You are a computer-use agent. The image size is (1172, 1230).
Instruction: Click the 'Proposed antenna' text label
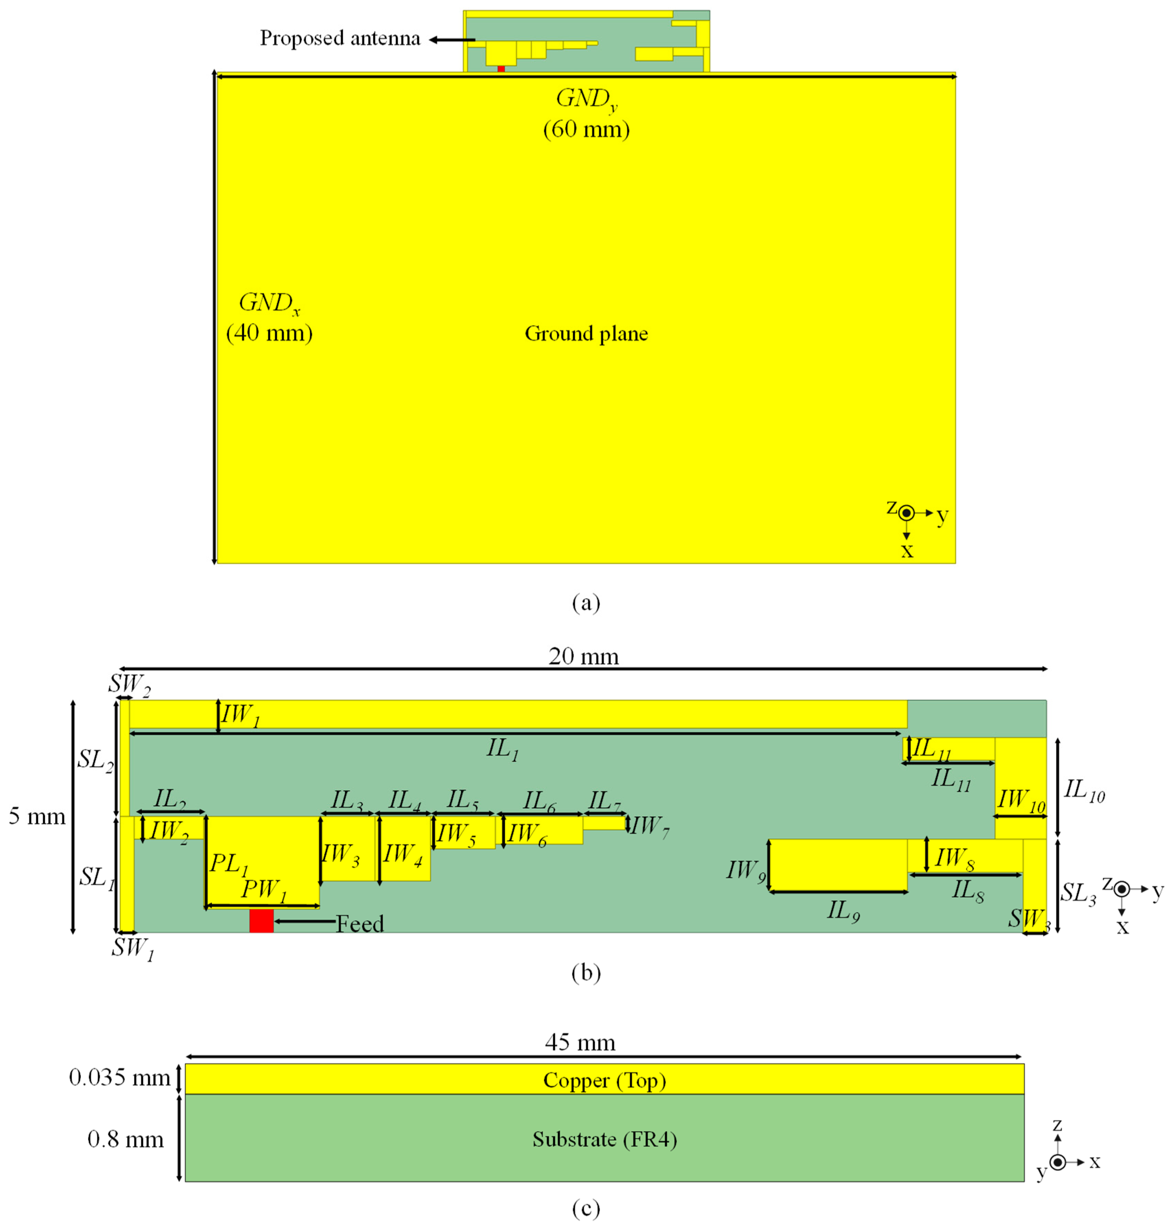click(340, 39)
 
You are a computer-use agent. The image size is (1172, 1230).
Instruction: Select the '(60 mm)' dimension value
click(586, 129)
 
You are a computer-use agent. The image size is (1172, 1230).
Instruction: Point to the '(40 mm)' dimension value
click(269, 333)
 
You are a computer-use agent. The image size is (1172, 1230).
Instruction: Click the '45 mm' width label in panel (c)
click(580, 1042)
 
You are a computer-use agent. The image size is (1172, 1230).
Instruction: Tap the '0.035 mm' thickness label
click(119, 1077)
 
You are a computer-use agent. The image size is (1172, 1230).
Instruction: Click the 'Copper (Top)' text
click(604, 1080)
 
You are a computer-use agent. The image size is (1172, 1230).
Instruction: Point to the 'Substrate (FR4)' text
click(604, 1139)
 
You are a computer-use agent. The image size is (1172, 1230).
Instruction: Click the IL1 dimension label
click(502, 749)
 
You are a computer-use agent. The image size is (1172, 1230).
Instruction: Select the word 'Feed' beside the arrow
click(360, 923)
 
